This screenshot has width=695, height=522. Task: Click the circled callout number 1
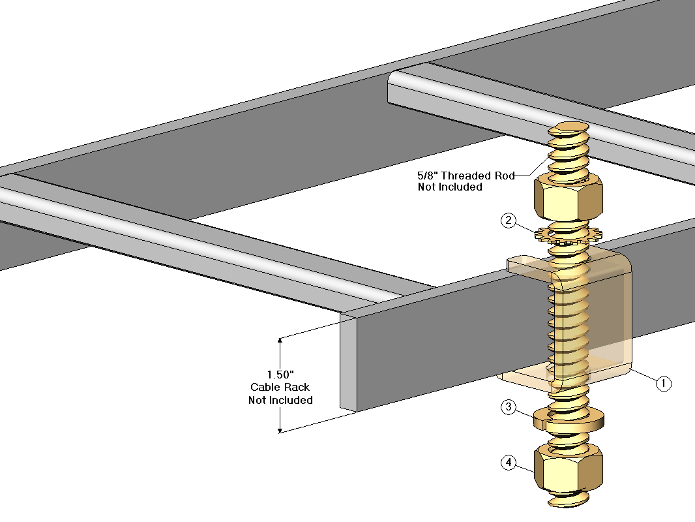(x=662, y=384)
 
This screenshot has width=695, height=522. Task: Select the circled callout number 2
(x=509, y=221)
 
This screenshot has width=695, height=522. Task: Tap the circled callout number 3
(x=509, y=408)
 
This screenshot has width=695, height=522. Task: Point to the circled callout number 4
(x=509, y=463)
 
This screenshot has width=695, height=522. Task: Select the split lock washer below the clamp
(x=568, y=420)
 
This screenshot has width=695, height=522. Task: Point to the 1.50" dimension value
(x=281, y=375)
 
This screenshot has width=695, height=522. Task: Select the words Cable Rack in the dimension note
(x=280, y=387)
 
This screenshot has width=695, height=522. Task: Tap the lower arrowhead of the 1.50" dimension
(x=280, y=429)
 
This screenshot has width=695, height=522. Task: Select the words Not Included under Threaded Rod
(x=450, y=187)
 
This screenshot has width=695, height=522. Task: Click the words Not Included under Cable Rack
(x=280, y=400)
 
